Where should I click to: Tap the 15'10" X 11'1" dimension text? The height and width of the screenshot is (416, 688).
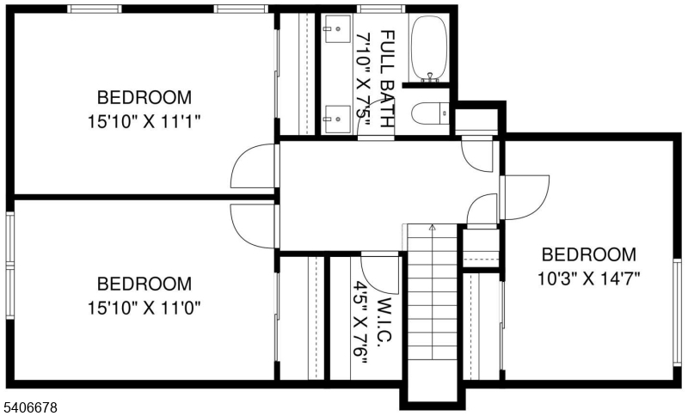[144, 121]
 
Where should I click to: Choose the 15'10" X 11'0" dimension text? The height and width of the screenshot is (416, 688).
[144, 306]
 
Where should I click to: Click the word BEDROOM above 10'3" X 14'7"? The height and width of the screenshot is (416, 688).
[589, 254]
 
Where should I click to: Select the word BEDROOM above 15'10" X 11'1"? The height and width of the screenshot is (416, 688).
[144, 97]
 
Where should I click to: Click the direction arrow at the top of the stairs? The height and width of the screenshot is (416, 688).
[432, 228]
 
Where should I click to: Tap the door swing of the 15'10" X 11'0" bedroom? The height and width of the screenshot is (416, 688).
[255, 226]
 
